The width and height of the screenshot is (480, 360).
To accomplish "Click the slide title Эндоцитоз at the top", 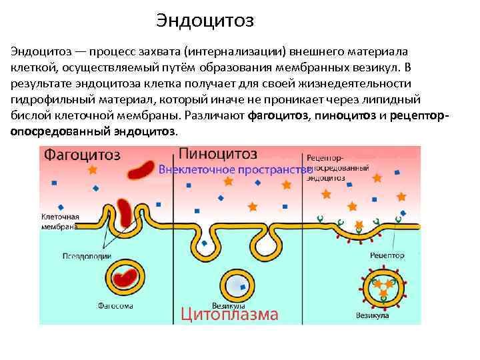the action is pyautogui.click(x=205, y=21).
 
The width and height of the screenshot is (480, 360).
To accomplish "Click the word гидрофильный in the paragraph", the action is pyautogui.click(x=46, y=100).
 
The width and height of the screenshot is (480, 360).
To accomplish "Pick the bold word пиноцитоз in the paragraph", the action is pyautogui.click(x=345, y=116).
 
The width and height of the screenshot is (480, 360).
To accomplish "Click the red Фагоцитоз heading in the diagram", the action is pyautogui.click(x=82, y=155).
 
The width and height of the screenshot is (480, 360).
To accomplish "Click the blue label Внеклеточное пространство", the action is pyautogui.click(x=235, y=170).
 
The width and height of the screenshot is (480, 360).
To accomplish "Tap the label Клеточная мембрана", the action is pyautogui.click(x=60, y=221).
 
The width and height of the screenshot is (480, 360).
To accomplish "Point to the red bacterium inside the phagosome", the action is pyautogui.click(x=125, y=279).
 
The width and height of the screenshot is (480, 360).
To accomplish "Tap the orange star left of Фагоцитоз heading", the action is pyautogui.click(x=93, y=170).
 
